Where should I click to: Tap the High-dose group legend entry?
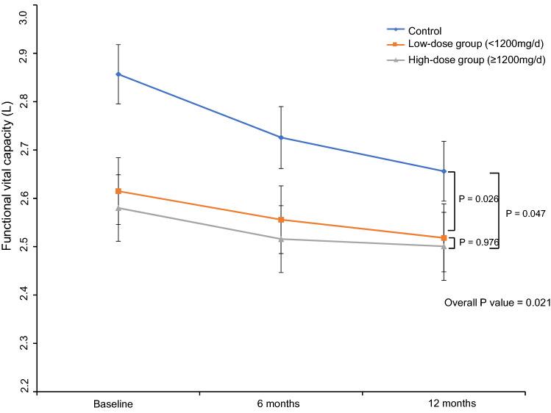click(x=462, y=63)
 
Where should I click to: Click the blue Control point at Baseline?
click(x=118, y=74)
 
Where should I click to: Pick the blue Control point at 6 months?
click(x=282, y=137)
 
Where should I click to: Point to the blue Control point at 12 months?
click(x=444, y=171)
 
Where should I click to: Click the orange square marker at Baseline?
click(x=118, y=191)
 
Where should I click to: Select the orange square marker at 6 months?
click(x=282, y=220)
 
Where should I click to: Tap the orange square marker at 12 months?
click(x=444, y=238)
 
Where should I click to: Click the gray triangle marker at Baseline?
click(x=118, y=208)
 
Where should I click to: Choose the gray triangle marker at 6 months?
click(x=282, y=239)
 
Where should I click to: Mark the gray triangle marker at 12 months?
click(x=444, y=246)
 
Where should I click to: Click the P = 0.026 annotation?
click(x=478, y=198)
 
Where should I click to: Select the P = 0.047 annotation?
click(x=526, y=212)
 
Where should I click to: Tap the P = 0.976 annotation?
click(x=478, y=242)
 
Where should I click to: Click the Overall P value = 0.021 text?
click(x=497, y=302)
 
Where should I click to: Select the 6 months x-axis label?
click(x=282, y=403)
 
